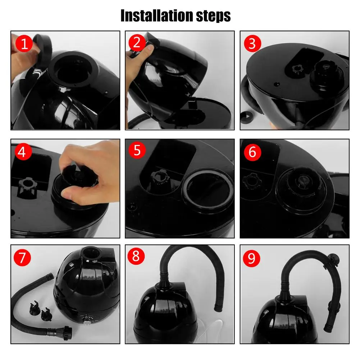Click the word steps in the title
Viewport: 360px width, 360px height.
pyautogui.click(x=213, y=16)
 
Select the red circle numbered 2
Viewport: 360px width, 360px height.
pyautogui.click(x=137, y=42)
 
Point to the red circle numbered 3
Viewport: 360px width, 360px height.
pyautogui.click(x=252, y=44)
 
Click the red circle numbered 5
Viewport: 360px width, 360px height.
pyautogui.click(x=137, y=150)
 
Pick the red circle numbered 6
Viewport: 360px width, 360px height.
pyautogui.click(x=252, y=152)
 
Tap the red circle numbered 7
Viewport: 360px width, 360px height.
pyautogui.click(x=22, y=258)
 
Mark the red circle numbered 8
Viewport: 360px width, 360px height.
pyautogui.click(x=136, y=256)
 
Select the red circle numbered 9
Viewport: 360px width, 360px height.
pyautogui.click(x=251, y=258)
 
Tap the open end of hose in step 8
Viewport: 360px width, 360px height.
pyautogui.click(x=218, y=307)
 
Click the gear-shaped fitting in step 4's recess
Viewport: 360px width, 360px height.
pyautogui.click(x=27, y=185)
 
